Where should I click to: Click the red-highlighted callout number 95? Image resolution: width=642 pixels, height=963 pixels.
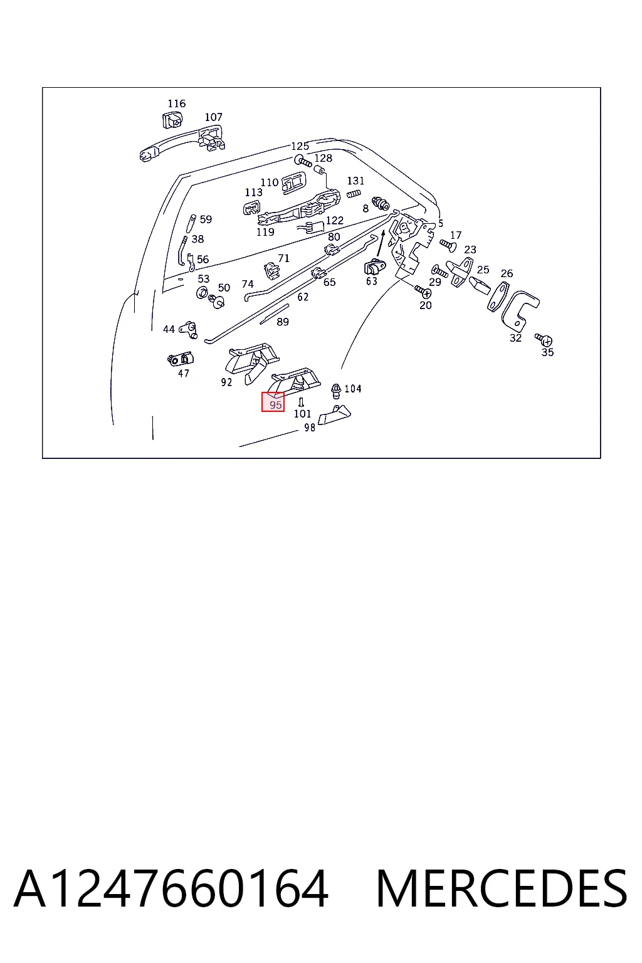[275, 405]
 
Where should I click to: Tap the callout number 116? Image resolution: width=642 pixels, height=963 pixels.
[176, 103]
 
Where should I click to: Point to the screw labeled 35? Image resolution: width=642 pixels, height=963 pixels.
[544, 340]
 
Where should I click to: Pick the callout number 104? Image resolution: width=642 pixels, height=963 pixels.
[353, 389]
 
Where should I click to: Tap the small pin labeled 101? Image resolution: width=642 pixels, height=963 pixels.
[302, 403]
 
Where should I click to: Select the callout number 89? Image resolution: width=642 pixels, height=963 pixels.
[283, 322]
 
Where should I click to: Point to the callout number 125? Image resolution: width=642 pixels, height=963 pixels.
[300, 146]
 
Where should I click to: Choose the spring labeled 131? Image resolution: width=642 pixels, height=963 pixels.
[354, 194]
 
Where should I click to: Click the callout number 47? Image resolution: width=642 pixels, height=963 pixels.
[184, 373]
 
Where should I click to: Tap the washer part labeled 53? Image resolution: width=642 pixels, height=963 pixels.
[202, 293]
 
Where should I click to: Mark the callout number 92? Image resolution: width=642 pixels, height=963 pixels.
[226, 382]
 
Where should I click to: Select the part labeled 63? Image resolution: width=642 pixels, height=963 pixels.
[374, 267]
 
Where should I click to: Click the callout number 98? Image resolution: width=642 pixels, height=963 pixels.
[310, 428]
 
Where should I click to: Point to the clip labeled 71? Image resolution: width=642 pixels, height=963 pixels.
[271, 270]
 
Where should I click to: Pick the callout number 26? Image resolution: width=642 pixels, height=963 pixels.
[507, 273]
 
